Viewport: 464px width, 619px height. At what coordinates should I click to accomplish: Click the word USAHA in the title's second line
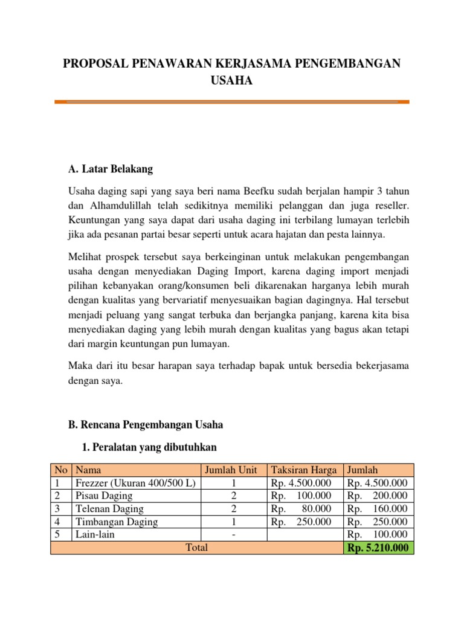point(231,80)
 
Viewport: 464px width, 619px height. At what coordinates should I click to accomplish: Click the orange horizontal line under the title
point(231,102)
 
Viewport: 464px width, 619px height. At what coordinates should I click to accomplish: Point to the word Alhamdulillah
point(117,206)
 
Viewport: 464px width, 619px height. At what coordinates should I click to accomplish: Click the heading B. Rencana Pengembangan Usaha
point(146,425)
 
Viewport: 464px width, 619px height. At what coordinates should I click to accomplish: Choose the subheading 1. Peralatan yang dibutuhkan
point(148,447)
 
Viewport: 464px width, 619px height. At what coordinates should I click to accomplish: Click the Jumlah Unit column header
point(233,470)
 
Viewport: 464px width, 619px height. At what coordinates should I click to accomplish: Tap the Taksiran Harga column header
point(304,470)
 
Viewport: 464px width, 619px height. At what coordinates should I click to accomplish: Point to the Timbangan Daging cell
point(116,522)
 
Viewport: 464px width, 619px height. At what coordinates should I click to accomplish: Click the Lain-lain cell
point(95,534)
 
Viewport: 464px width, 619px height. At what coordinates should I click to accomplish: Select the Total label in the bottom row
point(196,548)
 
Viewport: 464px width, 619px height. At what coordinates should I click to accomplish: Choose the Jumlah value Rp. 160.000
point(378,509)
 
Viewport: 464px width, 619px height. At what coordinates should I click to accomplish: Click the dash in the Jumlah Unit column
point(233,534)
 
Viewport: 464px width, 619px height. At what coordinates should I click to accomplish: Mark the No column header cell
point(60,470)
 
